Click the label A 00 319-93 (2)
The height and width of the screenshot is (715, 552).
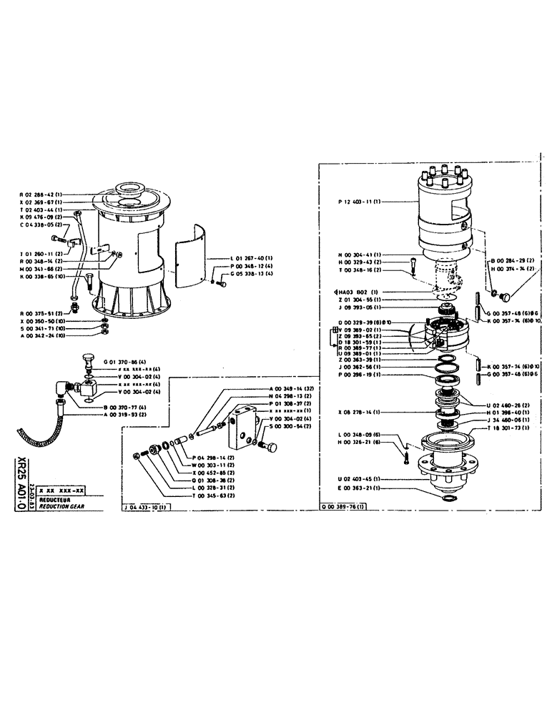click(128, 415)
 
